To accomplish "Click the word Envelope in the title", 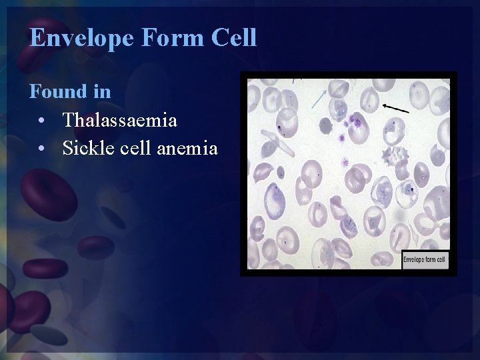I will pos(82,38).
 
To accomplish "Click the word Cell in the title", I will pos(233,37).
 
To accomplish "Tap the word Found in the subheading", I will pos(57,91).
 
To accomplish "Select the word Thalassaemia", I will pos(119,120).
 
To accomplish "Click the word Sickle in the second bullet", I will pos(84,148).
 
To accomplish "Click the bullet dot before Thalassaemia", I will pos(41,121).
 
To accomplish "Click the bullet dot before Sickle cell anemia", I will pos(41,149).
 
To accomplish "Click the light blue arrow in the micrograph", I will pos(319,98).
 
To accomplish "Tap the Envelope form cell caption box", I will pos(425,259).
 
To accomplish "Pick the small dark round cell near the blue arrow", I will pos(325,125).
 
